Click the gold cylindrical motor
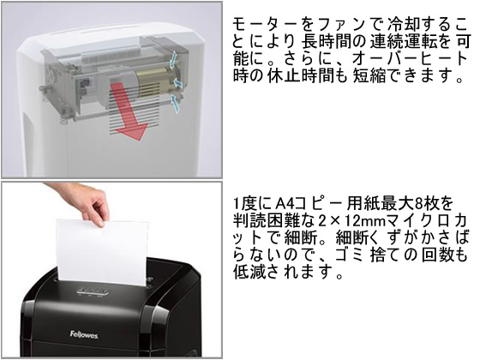153,81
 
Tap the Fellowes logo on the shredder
84,334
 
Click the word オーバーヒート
411,59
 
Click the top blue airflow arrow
173,59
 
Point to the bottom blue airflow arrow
175,104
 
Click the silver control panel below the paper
93,291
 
